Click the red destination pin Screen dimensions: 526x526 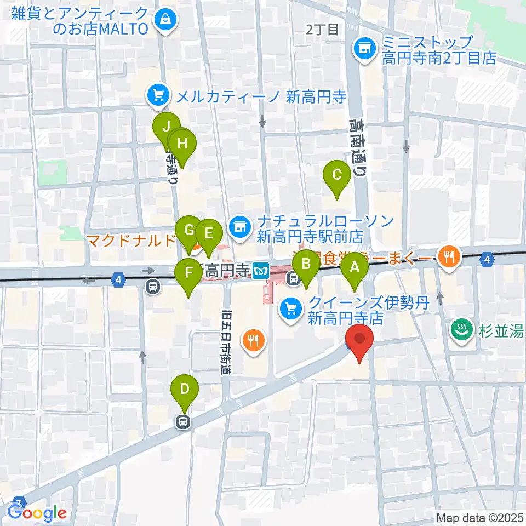click(x=359, y=340)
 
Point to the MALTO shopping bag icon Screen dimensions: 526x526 click(x=165, y=21)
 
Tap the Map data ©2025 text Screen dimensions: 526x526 click(x=479, y=517)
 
